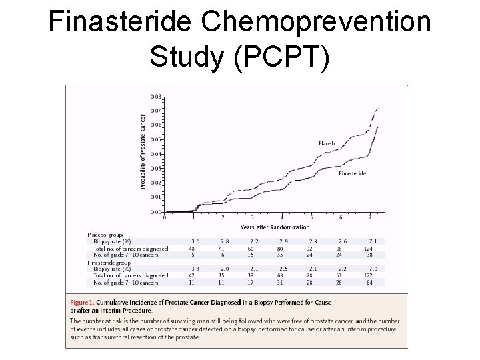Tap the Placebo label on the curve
click(x=327, y=143)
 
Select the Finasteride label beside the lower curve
click(x=352, y=173)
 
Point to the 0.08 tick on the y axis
click(x=155, y=96)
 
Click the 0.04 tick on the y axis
click(x=155, y=154)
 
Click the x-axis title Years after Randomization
click(x=275, y=227)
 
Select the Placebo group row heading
click(x=105, y=234)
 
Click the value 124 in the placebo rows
click(x=369, y=248)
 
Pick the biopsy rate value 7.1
click(x=373, y=241)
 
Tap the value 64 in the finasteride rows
click(x=369, y=282)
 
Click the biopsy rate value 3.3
click(x=195, y=268)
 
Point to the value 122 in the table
click(x=369, y=275)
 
